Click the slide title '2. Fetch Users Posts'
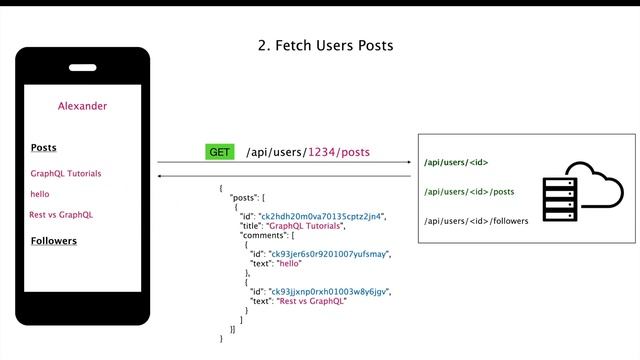coord(326,45)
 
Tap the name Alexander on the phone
coord(82,106)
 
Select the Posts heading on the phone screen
coord(43,148)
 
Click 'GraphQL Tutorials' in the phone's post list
coord(65,173)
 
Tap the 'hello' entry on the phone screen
coord(39,194)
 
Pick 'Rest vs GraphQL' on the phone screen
coord(61,215)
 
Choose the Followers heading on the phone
coord(54,241)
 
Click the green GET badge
coord(220,153)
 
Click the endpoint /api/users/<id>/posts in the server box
coord(469,191)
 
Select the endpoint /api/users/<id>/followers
coord(476,220)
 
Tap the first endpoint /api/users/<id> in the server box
coord(456,162)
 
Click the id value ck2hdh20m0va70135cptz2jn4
coord(323,216)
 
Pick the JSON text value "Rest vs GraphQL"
coord(312,301)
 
